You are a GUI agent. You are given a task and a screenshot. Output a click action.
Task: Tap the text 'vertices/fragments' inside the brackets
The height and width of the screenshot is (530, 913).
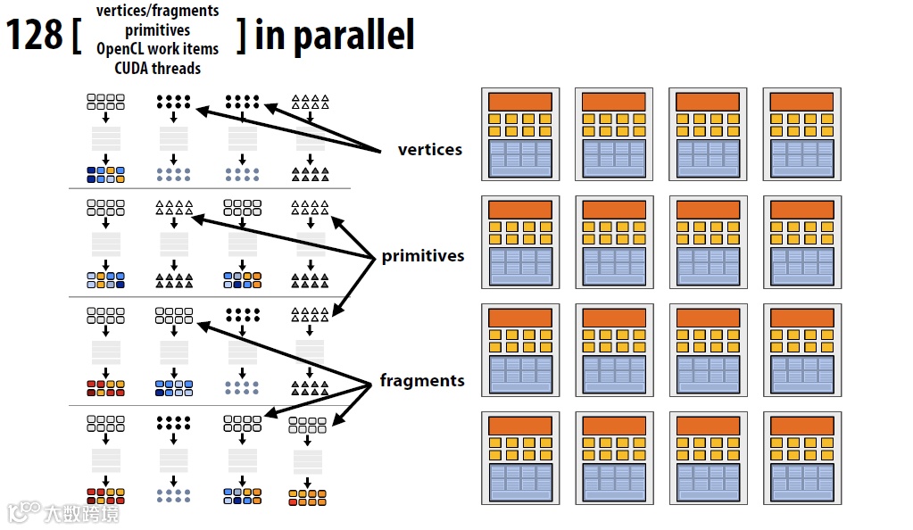tap(157, 11)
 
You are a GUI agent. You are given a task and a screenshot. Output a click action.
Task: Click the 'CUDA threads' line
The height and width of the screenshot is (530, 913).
tap(157, 68)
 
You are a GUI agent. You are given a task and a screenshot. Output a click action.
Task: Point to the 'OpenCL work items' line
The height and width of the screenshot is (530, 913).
tap(157, 49)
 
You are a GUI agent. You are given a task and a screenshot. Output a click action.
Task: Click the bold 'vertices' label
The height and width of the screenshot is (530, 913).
tap(430, 149)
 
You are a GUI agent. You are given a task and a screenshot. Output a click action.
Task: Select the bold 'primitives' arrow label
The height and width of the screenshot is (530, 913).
tap(423, 256)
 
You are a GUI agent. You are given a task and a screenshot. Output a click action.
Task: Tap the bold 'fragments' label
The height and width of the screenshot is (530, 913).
tap(422, 381)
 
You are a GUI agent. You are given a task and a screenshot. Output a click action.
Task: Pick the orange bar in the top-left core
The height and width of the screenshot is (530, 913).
tap(519, 102)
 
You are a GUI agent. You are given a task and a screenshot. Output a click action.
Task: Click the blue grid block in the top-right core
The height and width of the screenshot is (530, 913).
tap(801, 158)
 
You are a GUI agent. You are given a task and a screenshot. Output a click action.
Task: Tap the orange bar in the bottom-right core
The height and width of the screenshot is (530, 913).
tap(801, 426)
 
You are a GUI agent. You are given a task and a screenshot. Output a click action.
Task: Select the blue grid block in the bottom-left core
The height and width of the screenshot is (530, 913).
tap(519, 483)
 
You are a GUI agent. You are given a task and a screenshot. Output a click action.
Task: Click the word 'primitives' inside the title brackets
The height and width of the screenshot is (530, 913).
tap(157, 30)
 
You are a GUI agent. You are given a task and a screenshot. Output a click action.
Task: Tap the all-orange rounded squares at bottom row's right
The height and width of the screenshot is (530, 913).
tap(307, 497)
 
